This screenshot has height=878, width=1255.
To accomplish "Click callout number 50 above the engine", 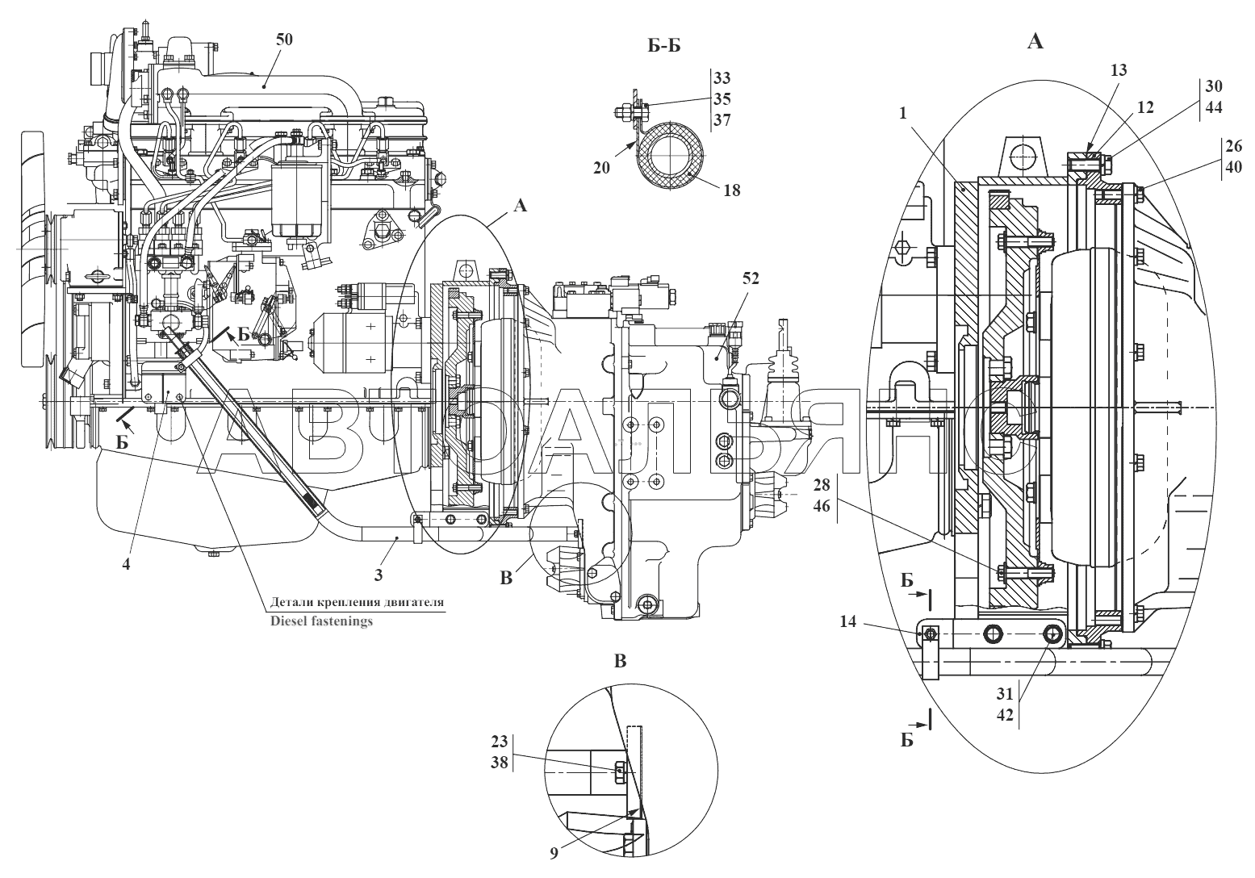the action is tap(284, 40).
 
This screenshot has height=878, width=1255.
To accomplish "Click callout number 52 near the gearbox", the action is tap(751, 278).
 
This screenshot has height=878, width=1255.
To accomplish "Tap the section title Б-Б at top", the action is tap(664, 46).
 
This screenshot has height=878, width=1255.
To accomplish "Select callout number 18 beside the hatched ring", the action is tap(732, 190).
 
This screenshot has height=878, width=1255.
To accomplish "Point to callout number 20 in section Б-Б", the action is tap(601, 167).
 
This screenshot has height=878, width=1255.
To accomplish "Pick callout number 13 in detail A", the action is tap(1119, 70).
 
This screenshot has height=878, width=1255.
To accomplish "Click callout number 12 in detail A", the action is tap(1145, 107).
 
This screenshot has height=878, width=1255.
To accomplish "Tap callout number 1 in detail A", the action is tap(902, 113).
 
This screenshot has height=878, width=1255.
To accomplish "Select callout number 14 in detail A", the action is tap(847, 621).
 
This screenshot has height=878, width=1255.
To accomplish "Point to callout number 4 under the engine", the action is tap(126, 563).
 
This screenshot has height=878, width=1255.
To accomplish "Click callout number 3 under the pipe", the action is tap(379, 575).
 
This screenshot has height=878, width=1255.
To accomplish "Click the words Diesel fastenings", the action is tap(321, 621).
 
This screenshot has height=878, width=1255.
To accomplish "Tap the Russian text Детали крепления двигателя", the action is tap(357, 602).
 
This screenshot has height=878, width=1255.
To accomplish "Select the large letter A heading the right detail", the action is tap(1035, 41).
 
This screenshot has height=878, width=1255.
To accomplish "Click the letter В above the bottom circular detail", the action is tap(620, 662).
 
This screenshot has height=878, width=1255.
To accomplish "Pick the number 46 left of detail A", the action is tap(822, 506).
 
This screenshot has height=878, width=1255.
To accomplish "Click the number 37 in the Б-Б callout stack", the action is tap(722, 120).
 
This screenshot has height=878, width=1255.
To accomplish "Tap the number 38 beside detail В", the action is tap(500, 763).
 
